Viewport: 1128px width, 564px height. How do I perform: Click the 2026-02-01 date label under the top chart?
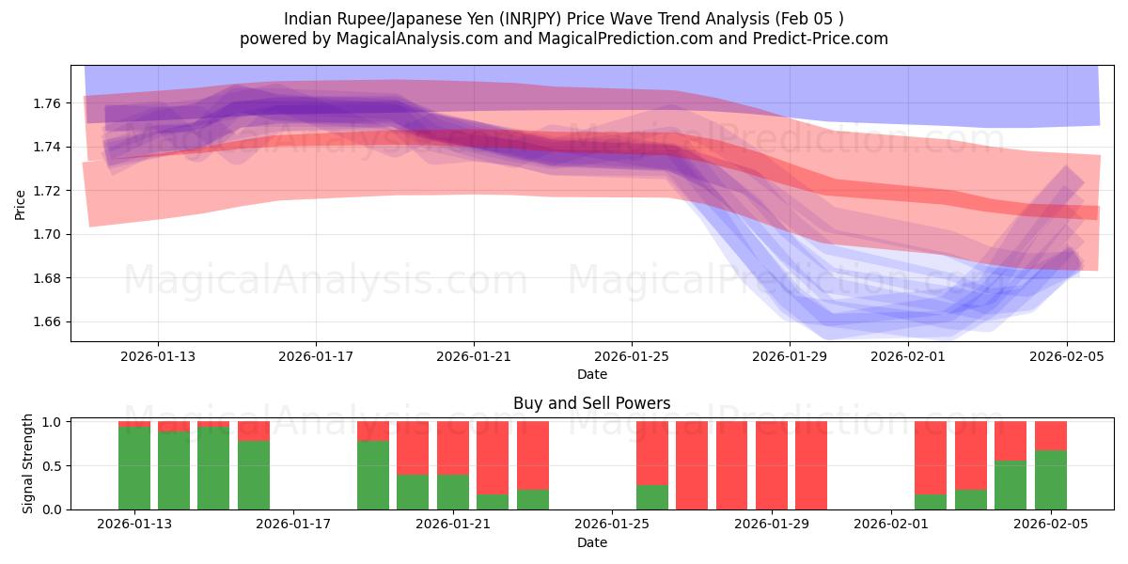coord(908,356)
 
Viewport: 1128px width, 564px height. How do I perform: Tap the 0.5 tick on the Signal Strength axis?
coord(53,465)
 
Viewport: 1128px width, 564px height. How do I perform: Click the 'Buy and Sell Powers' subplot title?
coord(591,403)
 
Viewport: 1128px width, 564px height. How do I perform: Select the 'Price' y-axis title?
coord(21,203)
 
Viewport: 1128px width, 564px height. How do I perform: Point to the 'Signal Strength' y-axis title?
coord(28,463)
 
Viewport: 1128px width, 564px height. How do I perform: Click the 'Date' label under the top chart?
coord(591,374)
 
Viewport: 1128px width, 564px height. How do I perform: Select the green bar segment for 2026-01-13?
coord(134,468)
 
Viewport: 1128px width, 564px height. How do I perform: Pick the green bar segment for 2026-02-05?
coord(1050,480)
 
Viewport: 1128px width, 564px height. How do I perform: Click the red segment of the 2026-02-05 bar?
coord(1050,436)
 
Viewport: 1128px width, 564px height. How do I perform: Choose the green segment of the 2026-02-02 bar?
coord(931,502)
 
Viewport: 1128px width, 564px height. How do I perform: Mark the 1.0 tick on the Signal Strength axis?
coord(53,422)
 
